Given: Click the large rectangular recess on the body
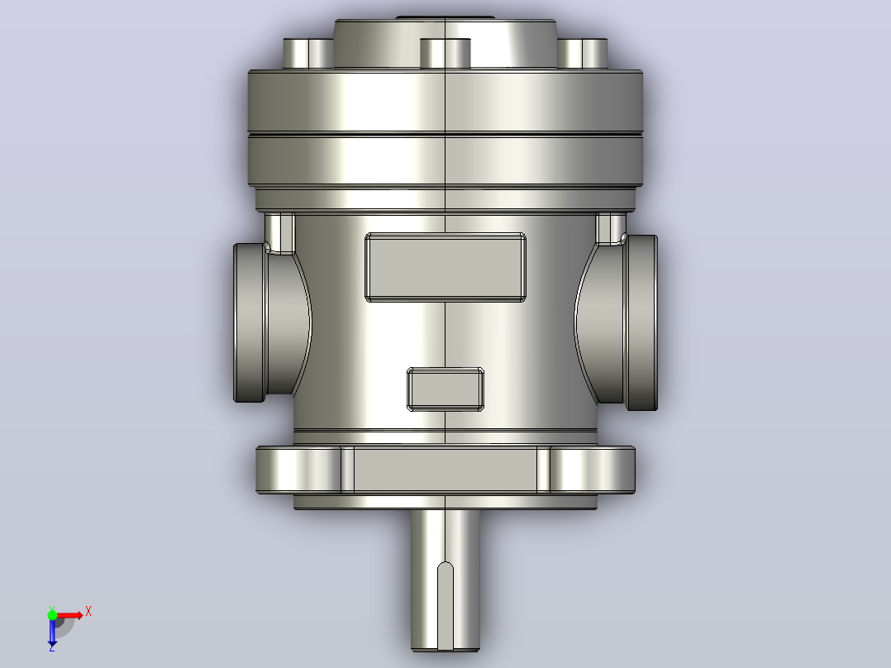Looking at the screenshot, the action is coord(445,267).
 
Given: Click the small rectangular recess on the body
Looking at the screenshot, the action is coord(445,389).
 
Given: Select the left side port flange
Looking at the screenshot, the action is coord(250,323).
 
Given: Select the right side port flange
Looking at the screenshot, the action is coord(641,323).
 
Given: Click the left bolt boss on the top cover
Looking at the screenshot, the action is coord(308,54).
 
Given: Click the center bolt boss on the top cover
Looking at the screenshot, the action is coord(445,54).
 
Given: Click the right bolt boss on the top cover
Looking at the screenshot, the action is coord(583,54).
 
